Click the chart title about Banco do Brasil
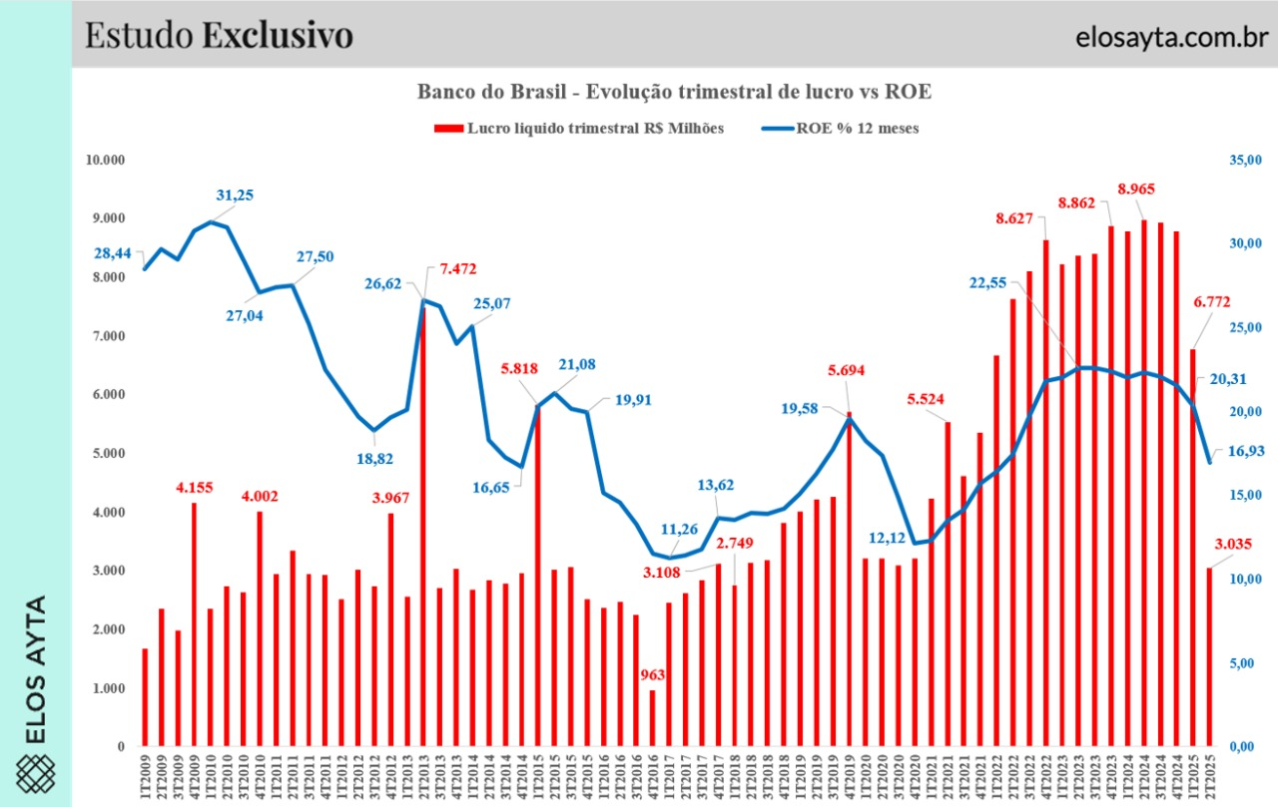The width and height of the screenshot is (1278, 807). (674, 92)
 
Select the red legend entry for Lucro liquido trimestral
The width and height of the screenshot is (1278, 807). (579, 129)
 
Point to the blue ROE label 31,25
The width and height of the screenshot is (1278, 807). (236, 196)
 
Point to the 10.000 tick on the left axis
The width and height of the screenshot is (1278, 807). (103, 160)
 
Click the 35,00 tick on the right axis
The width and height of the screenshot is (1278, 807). (1247, 160)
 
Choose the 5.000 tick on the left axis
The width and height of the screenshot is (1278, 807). (106, 454)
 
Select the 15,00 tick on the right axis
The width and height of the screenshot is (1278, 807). (1247, 496)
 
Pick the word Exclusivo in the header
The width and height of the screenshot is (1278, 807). (278, 35)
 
